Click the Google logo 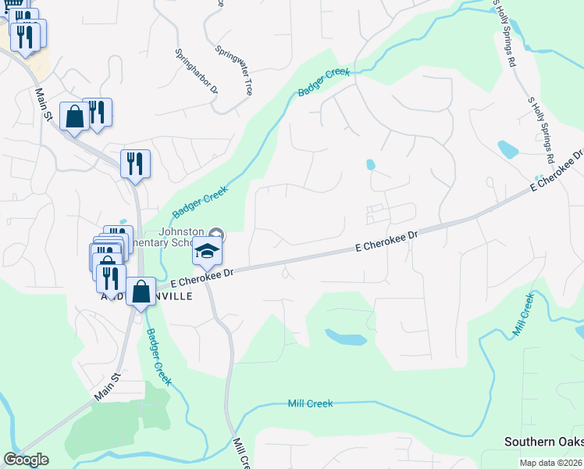(x=26, y=460)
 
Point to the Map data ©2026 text (x=551, y=463)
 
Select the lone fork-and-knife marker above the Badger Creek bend (x=135, y=163)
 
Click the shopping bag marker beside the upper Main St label (x=74, y=116)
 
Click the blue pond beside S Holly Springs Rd (x=507, y=149)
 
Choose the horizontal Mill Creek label (x=310, y=403)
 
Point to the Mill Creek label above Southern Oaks (x=523, y=316)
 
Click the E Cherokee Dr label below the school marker (x=202, y=274)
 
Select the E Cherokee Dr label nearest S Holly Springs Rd (x=557, y=171)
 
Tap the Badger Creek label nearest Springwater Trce (x=322, y=83)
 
